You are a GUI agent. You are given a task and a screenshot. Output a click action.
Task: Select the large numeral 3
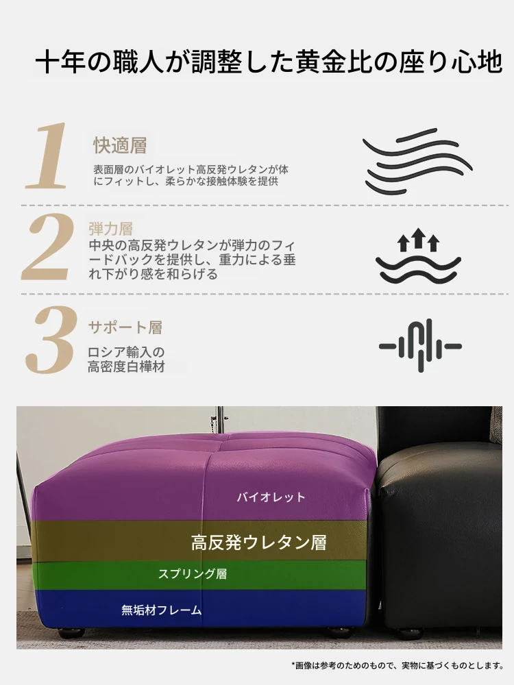pos(51,340)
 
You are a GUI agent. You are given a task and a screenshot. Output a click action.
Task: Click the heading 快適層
pos(120,145)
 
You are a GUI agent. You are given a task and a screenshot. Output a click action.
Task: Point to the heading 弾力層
pos(110,229)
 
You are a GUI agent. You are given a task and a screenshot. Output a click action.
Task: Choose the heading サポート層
pos(125,327)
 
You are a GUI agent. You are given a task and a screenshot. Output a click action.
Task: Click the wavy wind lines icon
pos(417,161)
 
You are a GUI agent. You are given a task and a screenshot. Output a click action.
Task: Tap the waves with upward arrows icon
pos(418,256)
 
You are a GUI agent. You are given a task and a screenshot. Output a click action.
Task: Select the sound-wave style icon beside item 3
pos(420,346)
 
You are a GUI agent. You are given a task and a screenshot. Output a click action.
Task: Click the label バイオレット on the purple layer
pos(271,497)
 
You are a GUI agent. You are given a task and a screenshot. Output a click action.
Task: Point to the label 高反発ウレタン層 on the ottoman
pos(259,543)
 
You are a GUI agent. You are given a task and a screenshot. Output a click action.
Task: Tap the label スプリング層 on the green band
pos(193,573)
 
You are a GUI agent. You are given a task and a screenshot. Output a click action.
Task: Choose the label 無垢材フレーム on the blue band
pos(162,610)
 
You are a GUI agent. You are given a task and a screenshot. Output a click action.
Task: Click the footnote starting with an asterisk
pos(397,665)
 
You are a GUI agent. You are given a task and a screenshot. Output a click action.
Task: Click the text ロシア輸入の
pos(126,352)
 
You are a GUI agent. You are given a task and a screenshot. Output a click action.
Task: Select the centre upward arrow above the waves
pos(418,236)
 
